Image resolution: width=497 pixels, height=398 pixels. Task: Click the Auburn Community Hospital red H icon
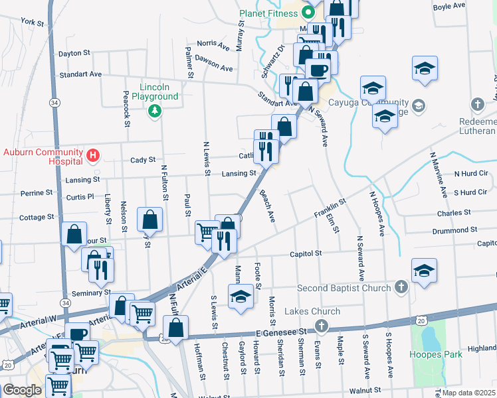93,156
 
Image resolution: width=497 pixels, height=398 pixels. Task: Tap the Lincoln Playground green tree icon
155,110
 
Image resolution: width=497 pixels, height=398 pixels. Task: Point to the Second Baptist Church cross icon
400,287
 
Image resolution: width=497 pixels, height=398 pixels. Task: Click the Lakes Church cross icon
322,325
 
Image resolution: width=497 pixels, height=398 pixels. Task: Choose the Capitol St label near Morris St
305,253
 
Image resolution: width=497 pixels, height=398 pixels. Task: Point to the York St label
32,22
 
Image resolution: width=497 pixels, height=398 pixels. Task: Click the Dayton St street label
74,53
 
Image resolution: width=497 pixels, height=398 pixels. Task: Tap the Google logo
22,390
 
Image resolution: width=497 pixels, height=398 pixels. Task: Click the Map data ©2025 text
468,393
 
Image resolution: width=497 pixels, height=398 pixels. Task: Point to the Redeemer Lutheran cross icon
477,104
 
